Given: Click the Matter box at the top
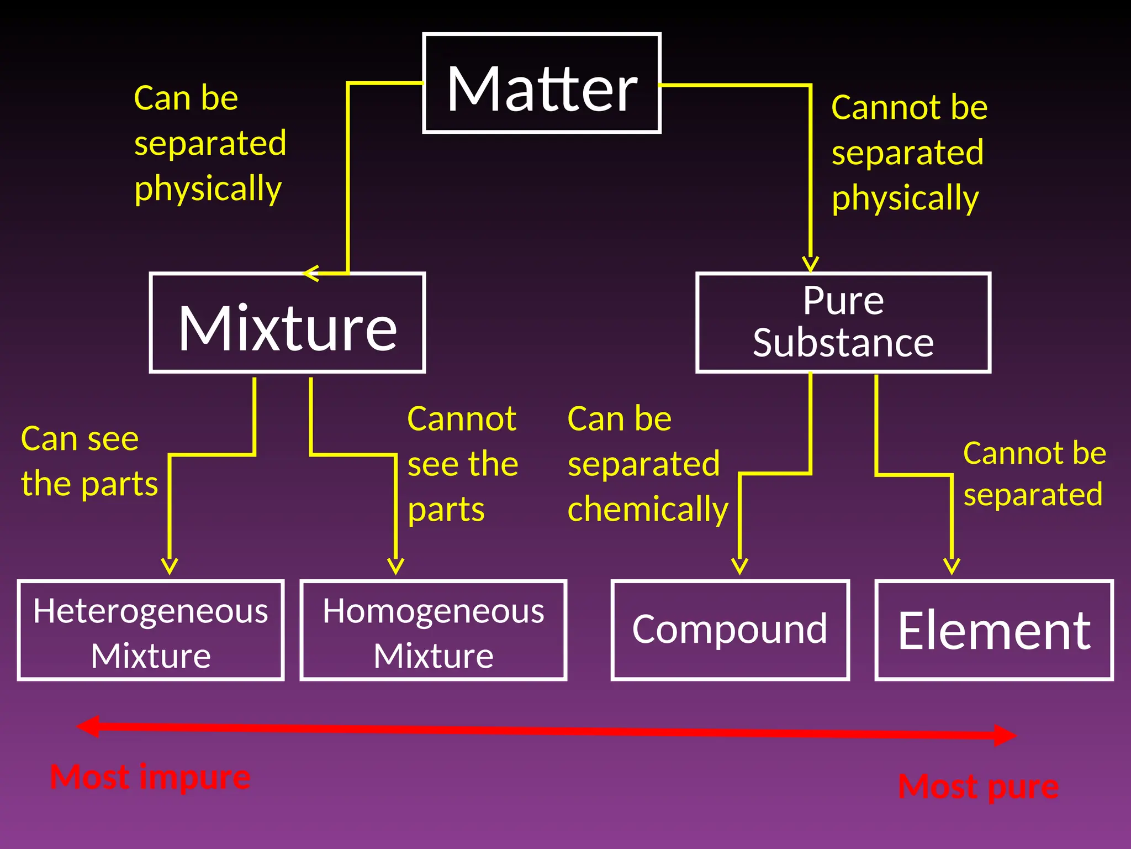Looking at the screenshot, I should pyautogui.click(x=541, y=83).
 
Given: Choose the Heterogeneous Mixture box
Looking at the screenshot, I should pyautogui.click(x=150, y=631).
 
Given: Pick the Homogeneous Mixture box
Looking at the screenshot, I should pyautogui.click(x=434, y=631).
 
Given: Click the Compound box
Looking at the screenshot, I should pyautogui.click(x=730, y=631).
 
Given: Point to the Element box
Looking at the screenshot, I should pyautogui.click(x=994, y=631).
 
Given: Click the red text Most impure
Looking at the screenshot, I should pyautogui.click(x=150, y=777).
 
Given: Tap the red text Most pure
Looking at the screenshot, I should pyautogui.click(x=978, y=786).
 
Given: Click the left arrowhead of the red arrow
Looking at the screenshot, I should pyautogui.click(x=88, y=726).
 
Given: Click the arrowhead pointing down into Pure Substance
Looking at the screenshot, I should pyautogui.click(x=810, y=264).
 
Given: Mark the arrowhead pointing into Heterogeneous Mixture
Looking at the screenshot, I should pyautogui.click(x=170, y=567).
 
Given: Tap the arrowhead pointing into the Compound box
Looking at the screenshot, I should pyautogui.click(x=739, y=567).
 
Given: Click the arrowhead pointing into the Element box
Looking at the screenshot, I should pyautogui.click(x=952, y=567).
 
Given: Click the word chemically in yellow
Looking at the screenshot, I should pyautogui.click(x=648, y=509).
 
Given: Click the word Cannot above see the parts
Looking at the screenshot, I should pyautogui.click(x=462, y=418).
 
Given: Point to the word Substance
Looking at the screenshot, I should pyautogui.click(x=843, y=343).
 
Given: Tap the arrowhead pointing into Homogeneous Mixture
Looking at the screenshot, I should pyautogui.click(x=395, y=567).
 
